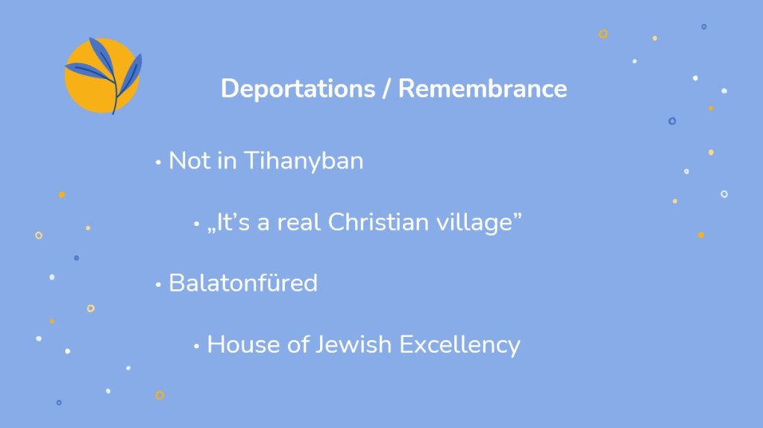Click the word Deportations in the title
click(x=298, y=89)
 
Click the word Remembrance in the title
click(x=483, y=89)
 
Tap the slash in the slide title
click(x=387, y=89)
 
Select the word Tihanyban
click(x=304, y=161)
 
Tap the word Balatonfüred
click(x=243, y=283)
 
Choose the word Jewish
click(x=354, y=344)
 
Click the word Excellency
click(x=460, y=345)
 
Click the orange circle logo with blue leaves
click(x=103, y=75)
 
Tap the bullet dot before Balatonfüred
click(x=158, y=285)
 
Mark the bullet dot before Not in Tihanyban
click(x=158, y=163)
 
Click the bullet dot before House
click(x=197, y=346)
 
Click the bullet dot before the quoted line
click(x=197, y=224)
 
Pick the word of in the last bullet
click(x=298, y=344)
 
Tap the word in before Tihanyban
click(x=227, y=160)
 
